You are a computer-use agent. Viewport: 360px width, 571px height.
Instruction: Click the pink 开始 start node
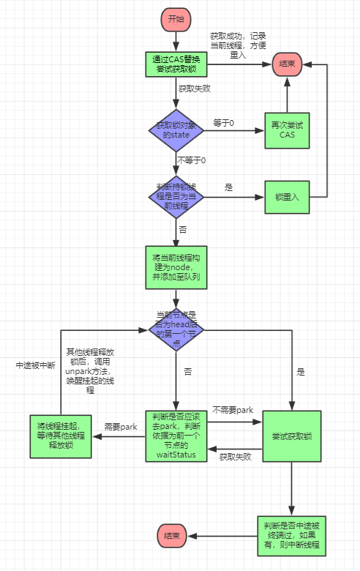[176, 19]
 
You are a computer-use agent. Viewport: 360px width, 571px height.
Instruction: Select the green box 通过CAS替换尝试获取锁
[176, 64]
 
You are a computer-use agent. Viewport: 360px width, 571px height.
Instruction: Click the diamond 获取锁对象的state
[176, 130]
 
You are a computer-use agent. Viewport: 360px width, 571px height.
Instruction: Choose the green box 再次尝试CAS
[287, 130]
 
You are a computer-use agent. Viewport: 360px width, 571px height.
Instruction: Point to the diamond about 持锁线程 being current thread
[176, 196]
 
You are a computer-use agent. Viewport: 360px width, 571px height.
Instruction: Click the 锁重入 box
[287, 196]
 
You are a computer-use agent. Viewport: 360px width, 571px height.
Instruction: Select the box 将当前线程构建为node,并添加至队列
[176, 267]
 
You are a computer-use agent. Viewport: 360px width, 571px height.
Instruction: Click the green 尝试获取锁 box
[291, 436]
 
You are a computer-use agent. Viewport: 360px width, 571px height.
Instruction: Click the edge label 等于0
[223, 122]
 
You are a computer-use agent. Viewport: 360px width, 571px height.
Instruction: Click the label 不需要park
[233, 410]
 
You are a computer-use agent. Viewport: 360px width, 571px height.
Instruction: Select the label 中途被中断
[33, 365]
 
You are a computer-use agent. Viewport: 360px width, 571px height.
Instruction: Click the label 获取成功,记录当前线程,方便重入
[238, 45]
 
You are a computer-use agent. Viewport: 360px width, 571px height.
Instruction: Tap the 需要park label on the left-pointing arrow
[121, 427]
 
